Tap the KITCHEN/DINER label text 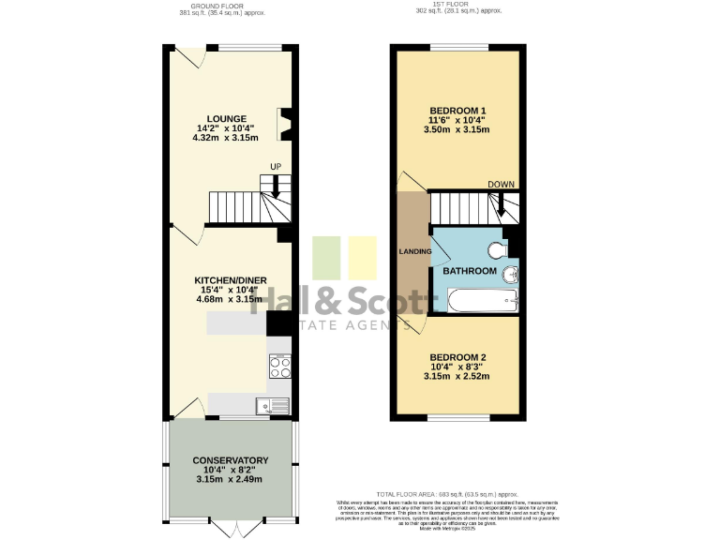231,280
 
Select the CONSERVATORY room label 231,460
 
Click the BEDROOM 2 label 457,357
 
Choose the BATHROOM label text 470,271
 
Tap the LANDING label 415,251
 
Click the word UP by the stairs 276,167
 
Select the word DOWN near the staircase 501,185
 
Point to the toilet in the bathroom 498,248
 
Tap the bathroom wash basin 510,274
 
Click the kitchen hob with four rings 279,365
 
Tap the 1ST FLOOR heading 457,5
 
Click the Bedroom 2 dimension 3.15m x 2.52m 457,377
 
